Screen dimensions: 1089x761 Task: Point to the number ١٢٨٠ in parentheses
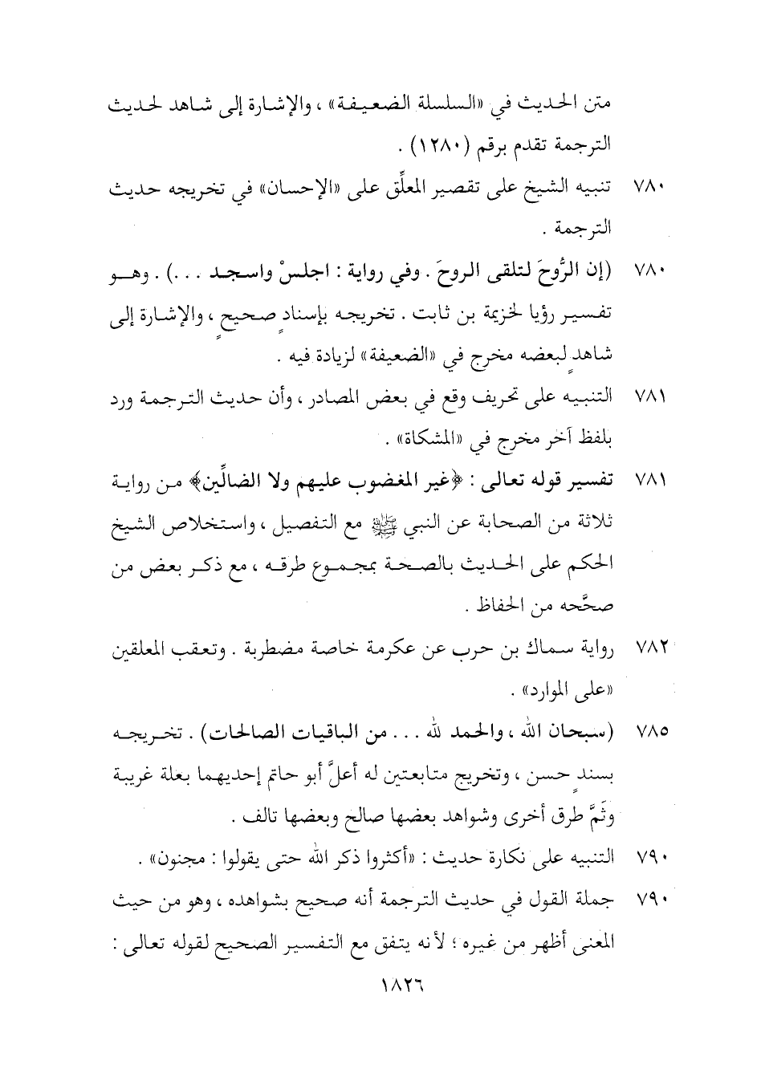coord(440,147)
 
